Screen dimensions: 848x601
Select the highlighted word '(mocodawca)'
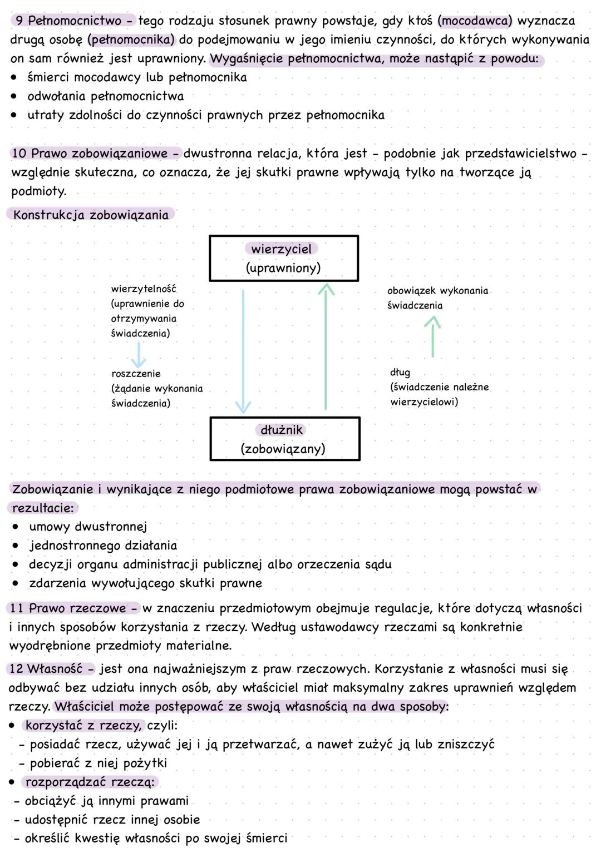475,21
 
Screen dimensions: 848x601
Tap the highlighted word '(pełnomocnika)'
131,40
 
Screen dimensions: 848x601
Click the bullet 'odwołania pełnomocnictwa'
105,96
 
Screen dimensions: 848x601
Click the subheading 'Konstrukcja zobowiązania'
91,215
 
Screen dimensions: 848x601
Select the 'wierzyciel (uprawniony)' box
283,259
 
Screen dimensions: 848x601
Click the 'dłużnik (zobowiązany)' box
284,439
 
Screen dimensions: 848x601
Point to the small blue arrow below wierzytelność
138,354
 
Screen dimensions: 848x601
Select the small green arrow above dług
432,336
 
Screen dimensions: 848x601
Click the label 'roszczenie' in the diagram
136,374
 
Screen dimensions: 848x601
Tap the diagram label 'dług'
400,373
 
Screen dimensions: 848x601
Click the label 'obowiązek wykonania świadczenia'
437,298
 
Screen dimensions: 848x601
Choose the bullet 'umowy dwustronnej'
88,527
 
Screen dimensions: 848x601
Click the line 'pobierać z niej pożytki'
98,763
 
